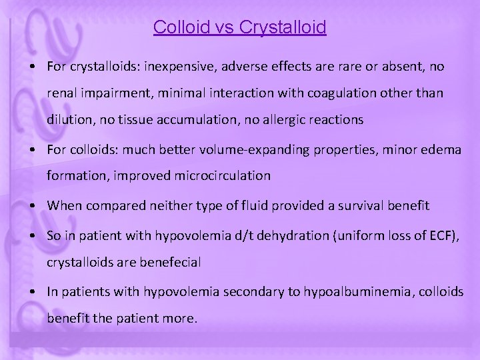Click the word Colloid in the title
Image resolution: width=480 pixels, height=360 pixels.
click(x=178, y=27)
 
